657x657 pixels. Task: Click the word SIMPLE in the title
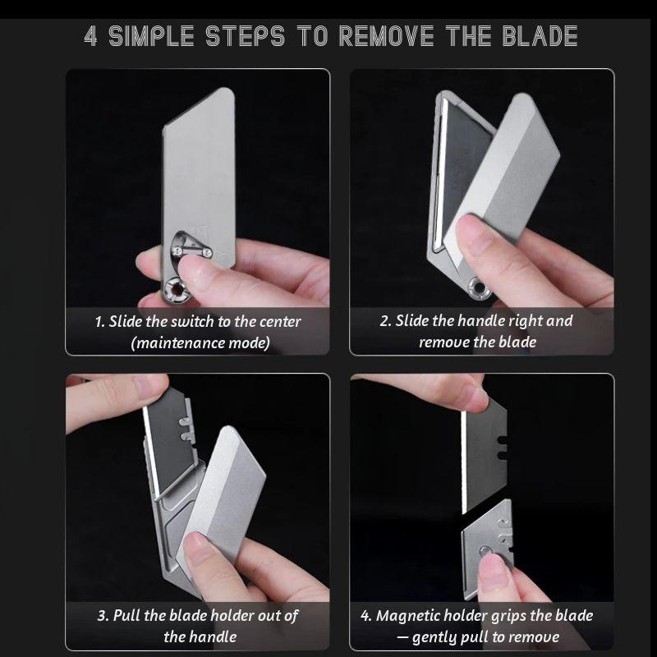tap(155, 37)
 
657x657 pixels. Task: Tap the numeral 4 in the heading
tap(91, 37)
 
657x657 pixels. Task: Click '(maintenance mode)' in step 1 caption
tap(200, 342)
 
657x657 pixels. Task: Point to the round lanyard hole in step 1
tap(174, 288)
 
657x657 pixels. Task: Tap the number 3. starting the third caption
tap(103, 616)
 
